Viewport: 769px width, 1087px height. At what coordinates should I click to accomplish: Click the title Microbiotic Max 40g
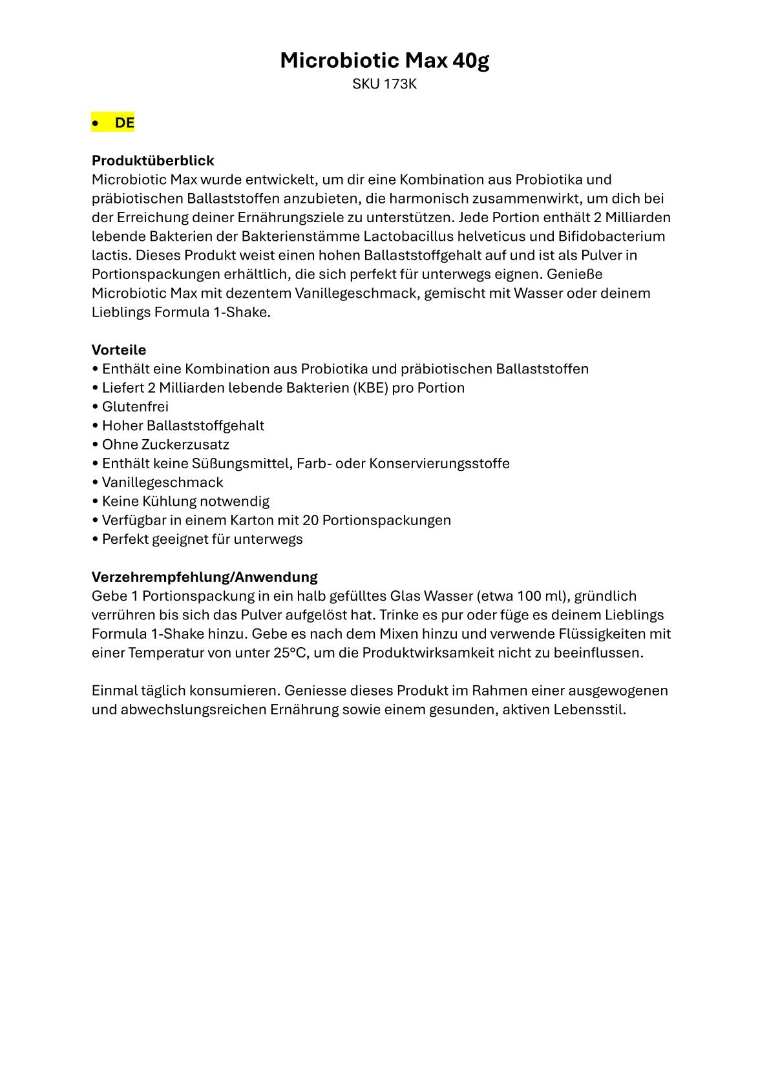point(384,61)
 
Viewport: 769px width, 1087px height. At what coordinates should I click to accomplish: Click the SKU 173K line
point(384,84)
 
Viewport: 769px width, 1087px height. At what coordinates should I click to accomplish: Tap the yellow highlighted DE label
point(124,123)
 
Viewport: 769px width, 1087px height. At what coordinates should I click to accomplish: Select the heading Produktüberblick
point(153,160)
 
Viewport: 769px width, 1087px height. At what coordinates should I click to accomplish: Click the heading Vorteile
point(119,350)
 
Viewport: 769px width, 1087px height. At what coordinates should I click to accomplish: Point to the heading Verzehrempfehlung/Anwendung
point(204,577)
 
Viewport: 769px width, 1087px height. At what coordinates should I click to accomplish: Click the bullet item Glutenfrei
point(135,407)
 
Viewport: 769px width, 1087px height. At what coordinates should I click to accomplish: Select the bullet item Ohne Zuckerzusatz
point(165,444)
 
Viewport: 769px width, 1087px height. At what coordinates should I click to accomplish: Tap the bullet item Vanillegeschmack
point(162,482)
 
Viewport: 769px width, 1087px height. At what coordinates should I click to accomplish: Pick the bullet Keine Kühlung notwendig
point(185,501)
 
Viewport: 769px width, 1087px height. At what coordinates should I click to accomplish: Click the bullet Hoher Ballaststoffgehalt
point(183,426)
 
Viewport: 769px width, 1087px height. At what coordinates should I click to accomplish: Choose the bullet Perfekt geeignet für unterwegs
point(202,539)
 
